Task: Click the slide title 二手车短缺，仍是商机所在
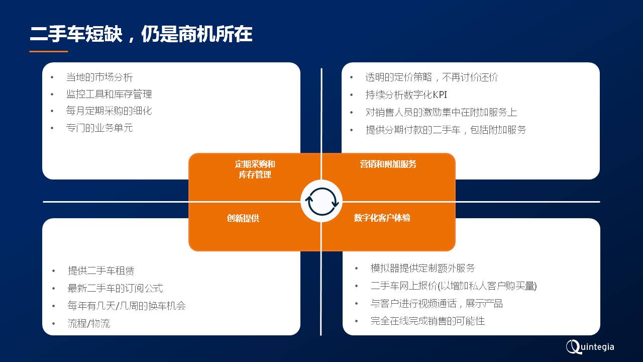(141, 34)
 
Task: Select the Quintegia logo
(590, 347)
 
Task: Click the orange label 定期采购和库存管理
(255, 169)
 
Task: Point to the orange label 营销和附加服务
(388, 164)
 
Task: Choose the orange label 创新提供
(243, 218)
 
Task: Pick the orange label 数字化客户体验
(382, 218)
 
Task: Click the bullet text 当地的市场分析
(99, 77)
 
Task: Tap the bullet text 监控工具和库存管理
(109, 94)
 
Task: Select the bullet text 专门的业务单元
(99, 128)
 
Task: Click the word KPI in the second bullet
(440, 95)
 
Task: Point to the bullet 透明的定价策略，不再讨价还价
(432, 77)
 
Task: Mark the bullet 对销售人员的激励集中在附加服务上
(441, 112)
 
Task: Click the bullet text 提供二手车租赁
(101, 270)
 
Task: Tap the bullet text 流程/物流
(89, 323)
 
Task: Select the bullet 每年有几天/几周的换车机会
(127, 305)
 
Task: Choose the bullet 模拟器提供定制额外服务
(422, 268)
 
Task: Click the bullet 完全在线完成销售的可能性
(427, 321)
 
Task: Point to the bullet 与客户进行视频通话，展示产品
(437, 303)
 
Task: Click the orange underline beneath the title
(49, 51)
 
